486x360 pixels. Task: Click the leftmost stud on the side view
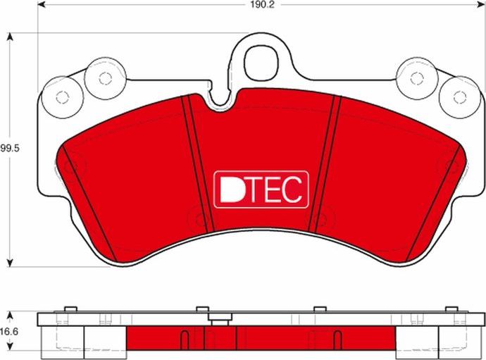click(x=69, y=310)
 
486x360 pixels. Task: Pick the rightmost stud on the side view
click(x=449, y=310)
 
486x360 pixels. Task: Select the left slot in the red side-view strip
click(x=185, y=339)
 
